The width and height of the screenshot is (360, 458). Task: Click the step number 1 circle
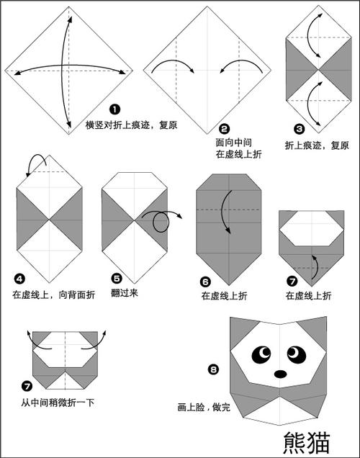click(x=114, y=109)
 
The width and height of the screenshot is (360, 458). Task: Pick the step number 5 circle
click(x=116, y=277)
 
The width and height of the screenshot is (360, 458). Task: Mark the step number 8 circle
click(x=213, y=370)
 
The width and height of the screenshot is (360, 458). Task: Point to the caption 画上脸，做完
click(x=204, y=407)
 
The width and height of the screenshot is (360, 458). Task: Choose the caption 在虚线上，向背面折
click(x=48, y=294)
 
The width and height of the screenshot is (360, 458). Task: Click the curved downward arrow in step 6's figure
click(x=227, y=212)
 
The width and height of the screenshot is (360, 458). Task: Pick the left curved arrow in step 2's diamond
click(x=174, y=66)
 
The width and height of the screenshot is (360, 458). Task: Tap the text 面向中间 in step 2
click(x=232, y=142)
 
